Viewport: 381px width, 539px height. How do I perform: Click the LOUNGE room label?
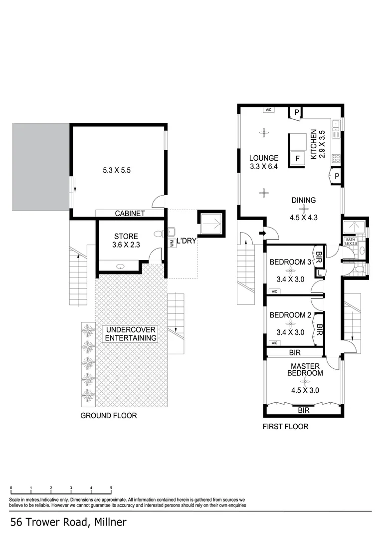(x=264, y=158)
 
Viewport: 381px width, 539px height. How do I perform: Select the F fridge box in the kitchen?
(x=298, y=159)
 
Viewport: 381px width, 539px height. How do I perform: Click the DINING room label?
(x=304, y=201)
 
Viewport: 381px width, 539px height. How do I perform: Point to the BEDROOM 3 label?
(x=290, y=262)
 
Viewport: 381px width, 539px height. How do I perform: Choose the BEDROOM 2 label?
(x=290, y=315)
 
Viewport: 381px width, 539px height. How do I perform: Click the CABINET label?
(x=130, y=214)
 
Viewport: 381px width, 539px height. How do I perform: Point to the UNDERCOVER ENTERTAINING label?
(x=130, y=334)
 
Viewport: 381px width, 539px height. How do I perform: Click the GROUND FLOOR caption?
(x=109, y=415)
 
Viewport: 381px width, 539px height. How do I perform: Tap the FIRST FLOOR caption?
(x=285, y=426)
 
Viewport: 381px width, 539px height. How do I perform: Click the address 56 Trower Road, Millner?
(x=68, y=523)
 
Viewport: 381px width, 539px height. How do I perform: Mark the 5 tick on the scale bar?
(x=111, y=488)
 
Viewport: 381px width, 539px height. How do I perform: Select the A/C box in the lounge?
(x=268, y=110)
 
